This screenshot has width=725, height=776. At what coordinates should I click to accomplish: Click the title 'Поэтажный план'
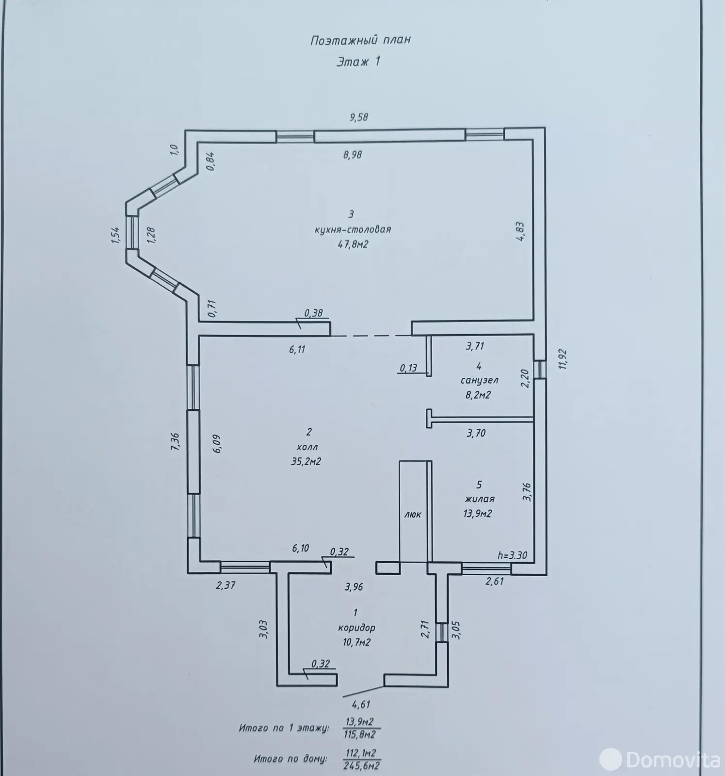click(x=360, y=40)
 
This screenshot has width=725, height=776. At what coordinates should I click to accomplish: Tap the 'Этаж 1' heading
click(x=358, y=62)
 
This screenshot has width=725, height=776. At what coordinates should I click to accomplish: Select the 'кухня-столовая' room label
click(x=353, y=229)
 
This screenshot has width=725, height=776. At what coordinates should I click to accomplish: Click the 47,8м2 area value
click(x=353, y=244)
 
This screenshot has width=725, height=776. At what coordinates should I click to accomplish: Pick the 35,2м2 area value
click(x=306, y=462)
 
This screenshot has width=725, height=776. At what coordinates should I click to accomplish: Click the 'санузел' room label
click(x=479, y=380)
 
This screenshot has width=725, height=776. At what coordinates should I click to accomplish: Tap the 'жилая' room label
click(x=479, y=499)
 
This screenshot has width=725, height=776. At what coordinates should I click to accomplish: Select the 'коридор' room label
click(x=356, y=628)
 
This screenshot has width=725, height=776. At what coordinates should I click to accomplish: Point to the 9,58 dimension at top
click(x=359, y=117)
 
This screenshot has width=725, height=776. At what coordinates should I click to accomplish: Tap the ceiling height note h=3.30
click(x=513, y=556)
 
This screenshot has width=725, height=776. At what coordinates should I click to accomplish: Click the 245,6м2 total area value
click(x=361, y=766)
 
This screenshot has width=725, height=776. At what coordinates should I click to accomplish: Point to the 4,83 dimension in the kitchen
click(x=520, y=232)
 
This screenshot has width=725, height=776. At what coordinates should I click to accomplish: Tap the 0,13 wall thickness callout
click(x=409, y=368)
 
